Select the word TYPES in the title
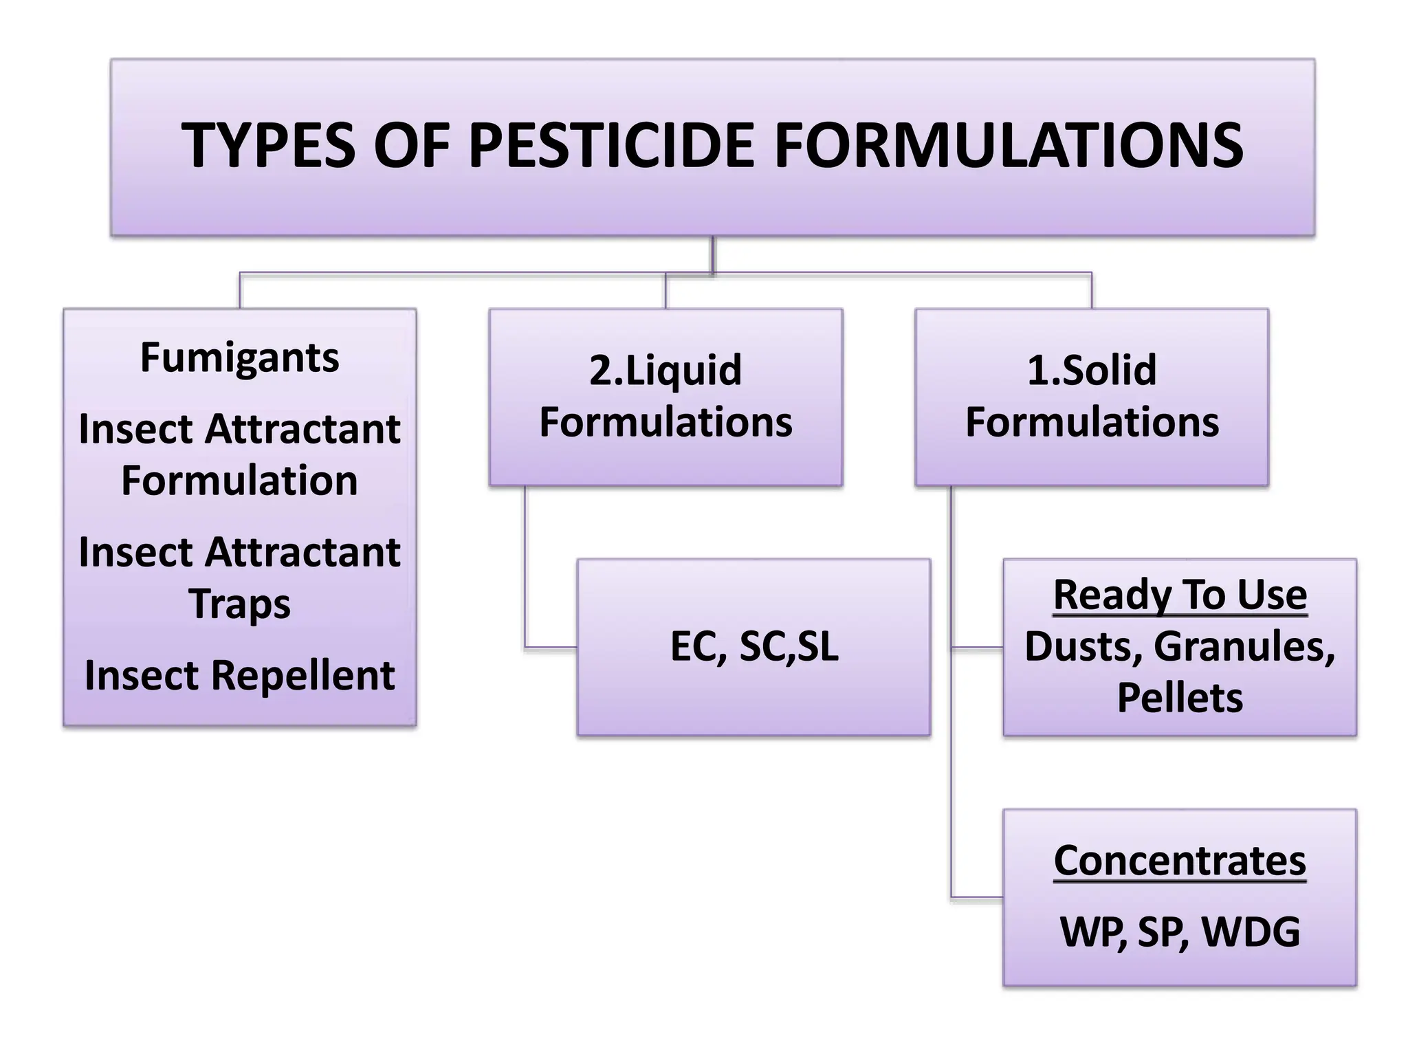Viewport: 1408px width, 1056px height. (268, 146)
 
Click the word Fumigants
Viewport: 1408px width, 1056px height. (239, 357)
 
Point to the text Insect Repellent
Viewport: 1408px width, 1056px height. (239, 675)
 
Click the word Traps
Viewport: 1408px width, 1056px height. (239, 604)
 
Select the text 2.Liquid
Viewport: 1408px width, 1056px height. (665, 370)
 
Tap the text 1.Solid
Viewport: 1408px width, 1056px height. (1092, 370)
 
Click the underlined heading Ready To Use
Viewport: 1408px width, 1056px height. (1180, 595)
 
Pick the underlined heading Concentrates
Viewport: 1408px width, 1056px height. (1180, 861)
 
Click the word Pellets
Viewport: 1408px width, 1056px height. (1180, 698)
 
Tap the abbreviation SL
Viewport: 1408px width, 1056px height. (818, 646)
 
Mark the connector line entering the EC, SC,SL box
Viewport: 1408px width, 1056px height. (550, 647)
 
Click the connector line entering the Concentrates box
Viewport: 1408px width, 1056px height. (976, 897)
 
